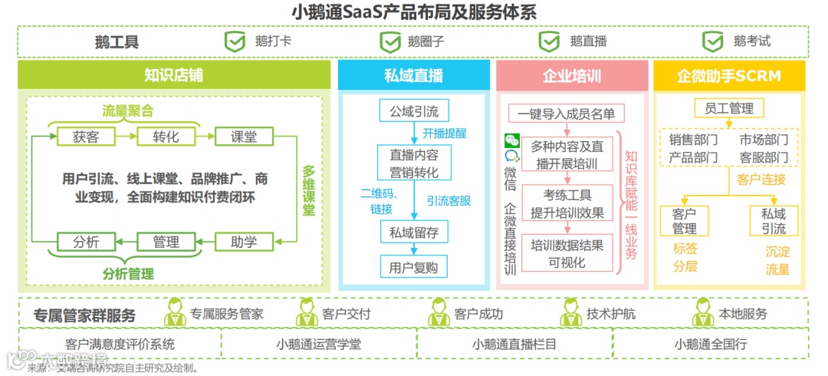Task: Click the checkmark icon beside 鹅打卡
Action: (x=235, y=41)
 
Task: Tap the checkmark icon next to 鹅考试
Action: (x=713, y=41)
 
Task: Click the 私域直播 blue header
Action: (x=413, y=76)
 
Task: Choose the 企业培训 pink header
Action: (x=571, y=76)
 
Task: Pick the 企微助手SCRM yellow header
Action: (x=728, y=76)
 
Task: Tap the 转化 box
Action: (x=166, y=137)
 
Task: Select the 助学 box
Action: (x=244, y=242)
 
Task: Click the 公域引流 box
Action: (x=413, y=111)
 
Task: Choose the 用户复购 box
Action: (x=413, y=267)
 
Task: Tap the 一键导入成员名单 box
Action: (x=566, y=114)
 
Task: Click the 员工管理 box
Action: (x=728, y=108)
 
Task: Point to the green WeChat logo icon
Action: (x=511, y=141)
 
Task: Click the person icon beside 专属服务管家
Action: (x=175, y=313)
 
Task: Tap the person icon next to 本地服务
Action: (x=703, y=313)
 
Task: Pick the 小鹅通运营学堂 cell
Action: (x=318, y=344)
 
